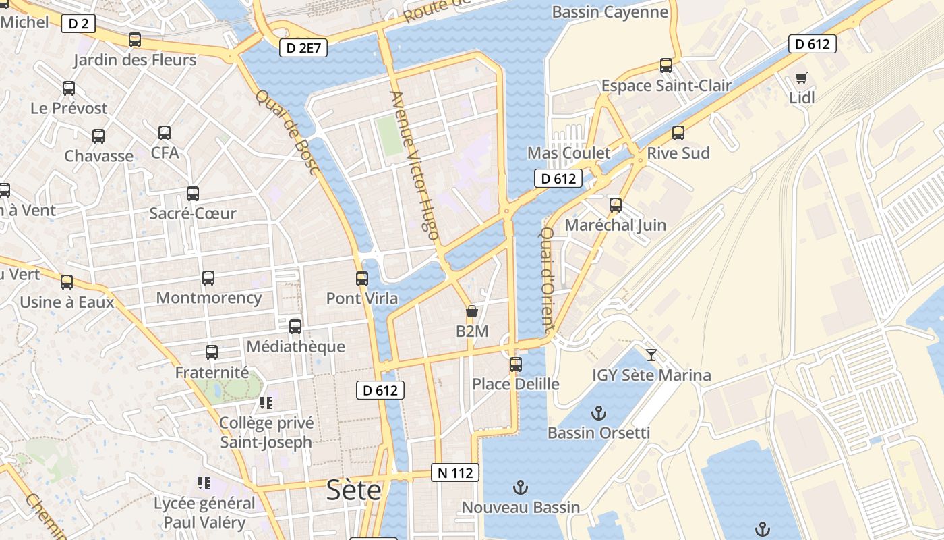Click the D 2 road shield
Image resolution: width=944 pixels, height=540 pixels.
(78, 24)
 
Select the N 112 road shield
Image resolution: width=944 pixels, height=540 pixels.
(455, 473)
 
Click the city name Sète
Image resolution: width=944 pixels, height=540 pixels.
(354, 491)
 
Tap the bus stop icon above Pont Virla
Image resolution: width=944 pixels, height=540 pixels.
(362, 278)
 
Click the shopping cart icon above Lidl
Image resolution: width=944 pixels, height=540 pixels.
(802, 78)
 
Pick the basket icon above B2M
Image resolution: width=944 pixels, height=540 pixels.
(472, 311)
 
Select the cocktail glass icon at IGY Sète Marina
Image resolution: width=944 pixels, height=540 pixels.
(651, 354)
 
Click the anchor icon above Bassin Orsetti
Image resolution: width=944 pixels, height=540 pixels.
(598, 412)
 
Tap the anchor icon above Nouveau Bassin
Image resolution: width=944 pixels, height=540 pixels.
(520, 486)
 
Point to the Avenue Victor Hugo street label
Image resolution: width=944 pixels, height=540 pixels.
(415, 166)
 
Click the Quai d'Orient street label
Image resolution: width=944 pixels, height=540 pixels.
(548, 278)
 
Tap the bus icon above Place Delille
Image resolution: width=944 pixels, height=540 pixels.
(516, 364)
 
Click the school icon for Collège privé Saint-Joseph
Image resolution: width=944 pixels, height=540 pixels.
(266, 403)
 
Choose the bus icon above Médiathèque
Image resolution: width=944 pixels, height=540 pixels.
(295, 327)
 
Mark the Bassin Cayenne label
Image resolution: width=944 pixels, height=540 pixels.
(610, 12)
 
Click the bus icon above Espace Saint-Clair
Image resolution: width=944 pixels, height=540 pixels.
(666, 65)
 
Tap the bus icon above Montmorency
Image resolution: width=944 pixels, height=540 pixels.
(208, 277)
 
